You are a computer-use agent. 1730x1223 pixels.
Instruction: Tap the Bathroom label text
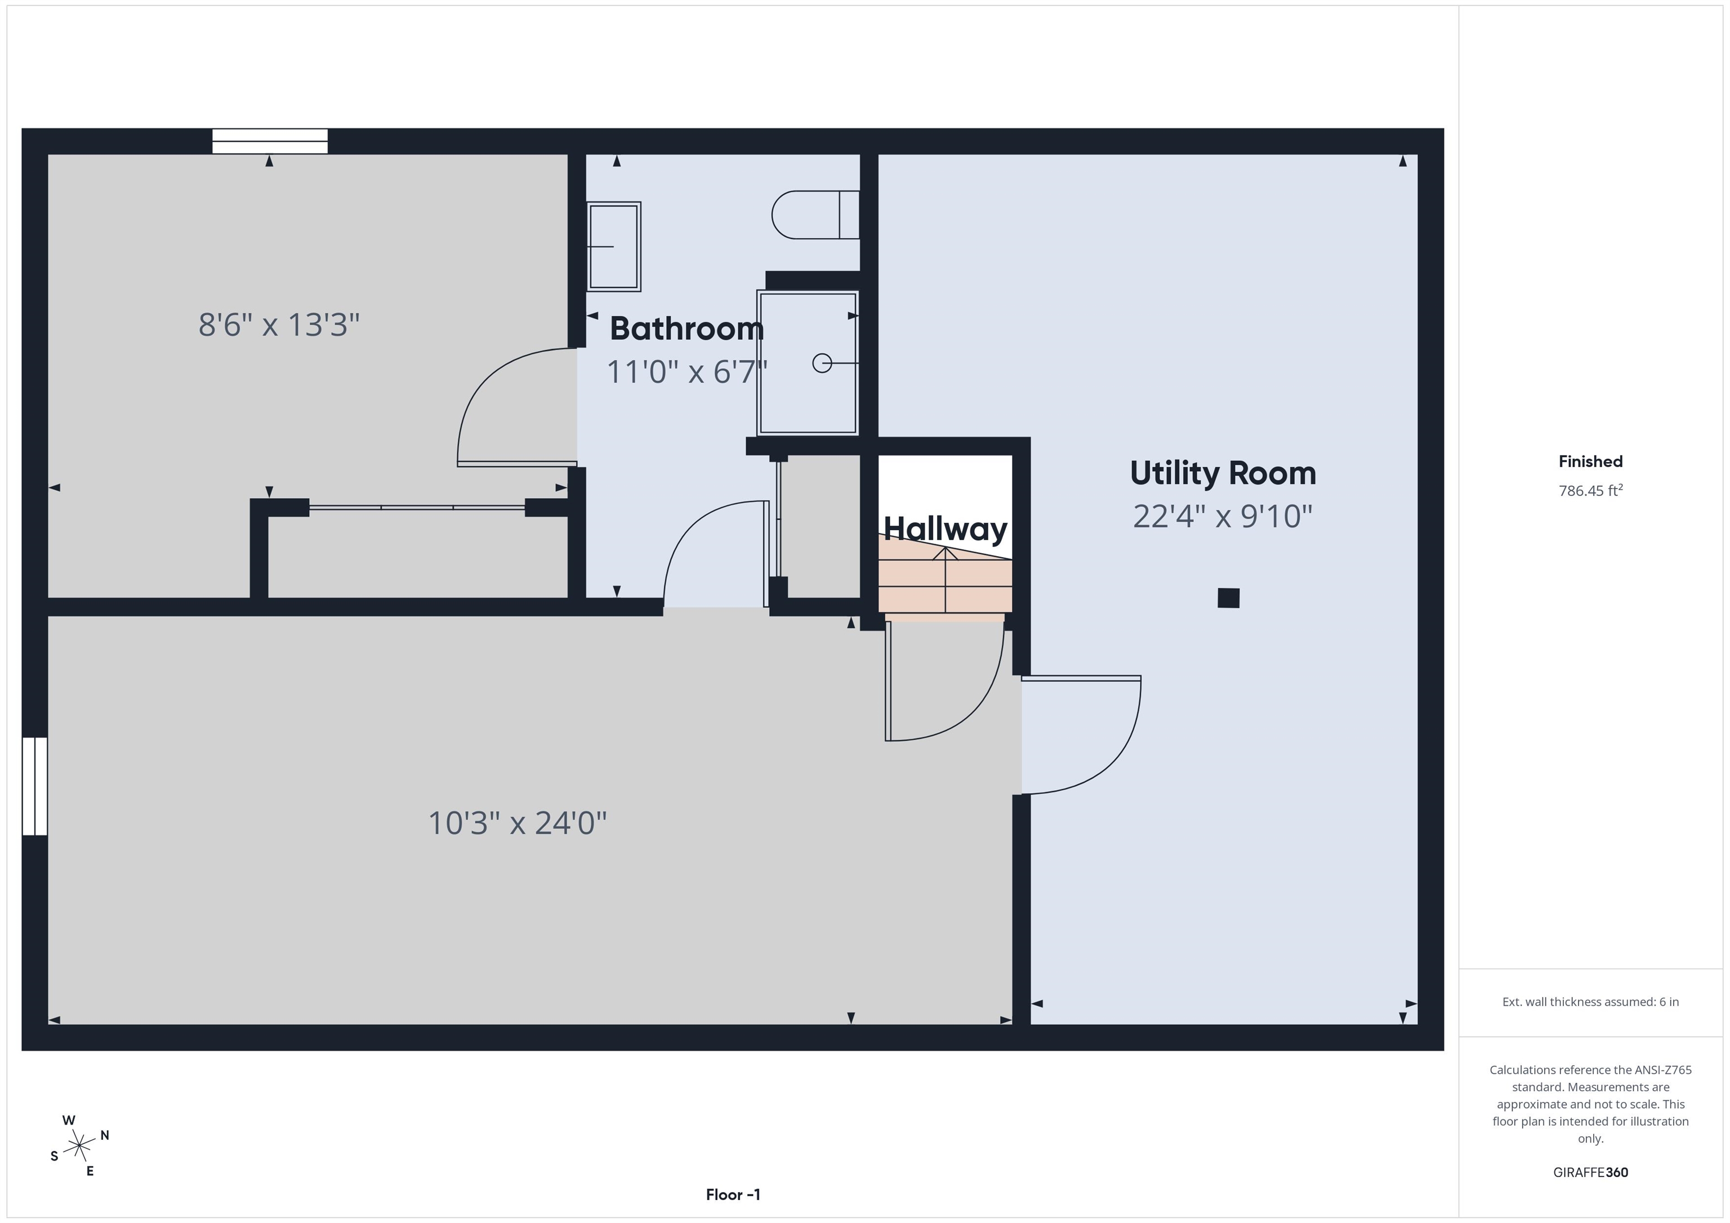[x=686, y=328]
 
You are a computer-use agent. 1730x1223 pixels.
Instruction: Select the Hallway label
[x=945, y=528]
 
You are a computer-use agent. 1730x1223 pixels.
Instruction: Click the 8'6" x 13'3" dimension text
[x=279, y=325]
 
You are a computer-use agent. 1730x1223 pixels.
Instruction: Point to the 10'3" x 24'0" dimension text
[x=518, y=823]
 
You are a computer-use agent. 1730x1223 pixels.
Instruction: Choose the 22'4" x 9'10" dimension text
[x=1222, y=517]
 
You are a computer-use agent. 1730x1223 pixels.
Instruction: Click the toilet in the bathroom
[x=815, y=214]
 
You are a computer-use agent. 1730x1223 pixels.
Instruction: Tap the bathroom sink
[x=613, y=247]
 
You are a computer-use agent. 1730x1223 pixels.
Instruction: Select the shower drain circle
[x=822, y=363]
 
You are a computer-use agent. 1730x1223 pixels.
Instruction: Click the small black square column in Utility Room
[x=1228, y=598]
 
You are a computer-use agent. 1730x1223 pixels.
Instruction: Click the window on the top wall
[x=270, y=141]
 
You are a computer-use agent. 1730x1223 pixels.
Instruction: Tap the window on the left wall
[x=35, y=786]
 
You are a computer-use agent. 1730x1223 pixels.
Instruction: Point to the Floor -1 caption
[x=733, y=1194]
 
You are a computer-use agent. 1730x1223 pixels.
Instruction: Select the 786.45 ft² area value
[x=1590, y=490]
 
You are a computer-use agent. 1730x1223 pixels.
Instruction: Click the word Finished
[x=1590, y=462]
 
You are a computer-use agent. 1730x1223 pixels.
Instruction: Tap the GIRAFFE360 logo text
[x=1590, y=1172]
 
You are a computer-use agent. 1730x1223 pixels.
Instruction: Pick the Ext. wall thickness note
[x=1590, y=1002]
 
